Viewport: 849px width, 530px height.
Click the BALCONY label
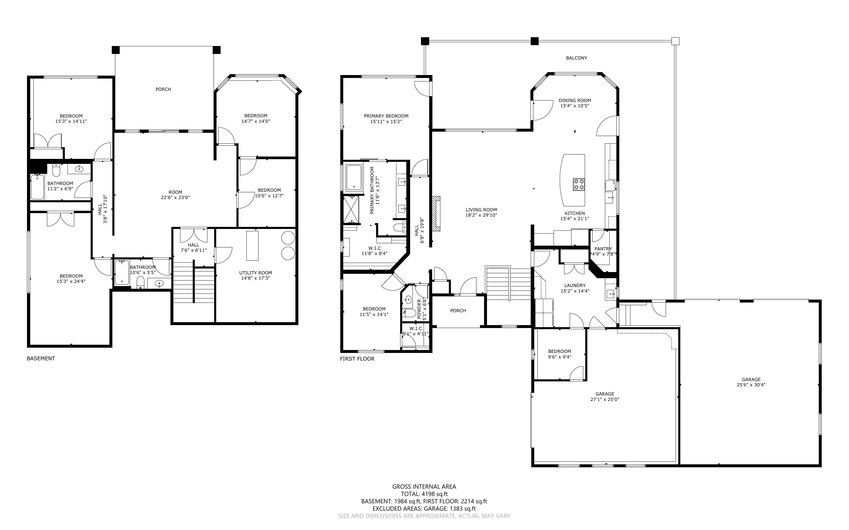click(x=576, y=58)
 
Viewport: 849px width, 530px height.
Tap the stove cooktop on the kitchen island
click(x=579, y=184)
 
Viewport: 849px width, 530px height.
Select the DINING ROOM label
click(x=575, y=100)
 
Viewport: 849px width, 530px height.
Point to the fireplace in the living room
click(x=436, y=213)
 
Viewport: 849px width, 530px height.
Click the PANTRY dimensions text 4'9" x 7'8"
click(x=603, y=254)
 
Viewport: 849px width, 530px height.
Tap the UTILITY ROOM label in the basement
click(x=256, y=273)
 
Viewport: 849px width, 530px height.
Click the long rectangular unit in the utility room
click(x=253, y=245)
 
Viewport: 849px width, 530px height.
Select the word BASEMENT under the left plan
click(x=41, y=358)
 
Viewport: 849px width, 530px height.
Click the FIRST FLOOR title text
click(x=357, y=359)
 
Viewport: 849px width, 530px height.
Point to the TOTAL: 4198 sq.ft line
click(x=424, y=494)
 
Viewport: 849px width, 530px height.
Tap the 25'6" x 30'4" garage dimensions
click(x=751, y=385)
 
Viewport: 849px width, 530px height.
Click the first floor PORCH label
click(x=458, y=310)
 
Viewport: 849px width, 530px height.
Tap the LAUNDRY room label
click(x=575, y=285)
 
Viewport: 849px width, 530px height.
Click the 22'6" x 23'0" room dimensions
click(x=175, y=197)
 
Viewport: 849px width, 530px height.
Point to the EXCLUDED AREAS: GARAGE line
click(x=424, y=509)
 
